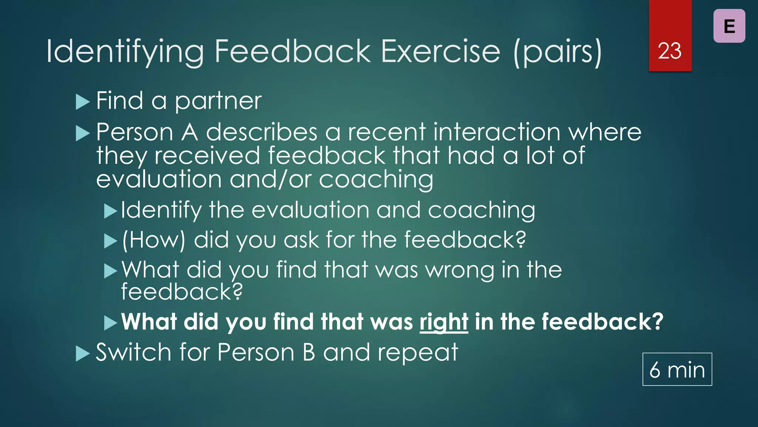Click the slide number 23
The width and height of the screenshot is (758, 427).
click(670, 51)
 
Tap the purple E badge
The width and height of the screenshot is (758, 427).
click(729, 26)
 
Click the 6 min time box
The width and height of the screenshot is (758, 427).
click(677, 370)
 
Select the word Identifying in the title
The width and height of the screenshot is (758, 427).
click(125, 52)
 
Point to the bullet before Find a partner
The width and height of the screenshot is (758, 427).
click(83, 102)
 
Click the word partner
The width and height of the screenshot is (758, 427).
click(218, 101)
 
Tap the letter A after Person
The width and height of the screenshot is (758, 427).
click(189, 132)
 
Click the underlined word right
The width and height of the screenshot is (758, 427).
click(443, 322)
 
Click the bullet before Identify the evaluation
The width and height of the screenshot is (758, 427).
click(110, 211)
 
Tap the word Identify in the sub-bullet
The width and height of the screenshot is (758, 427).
click(161, 210)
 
